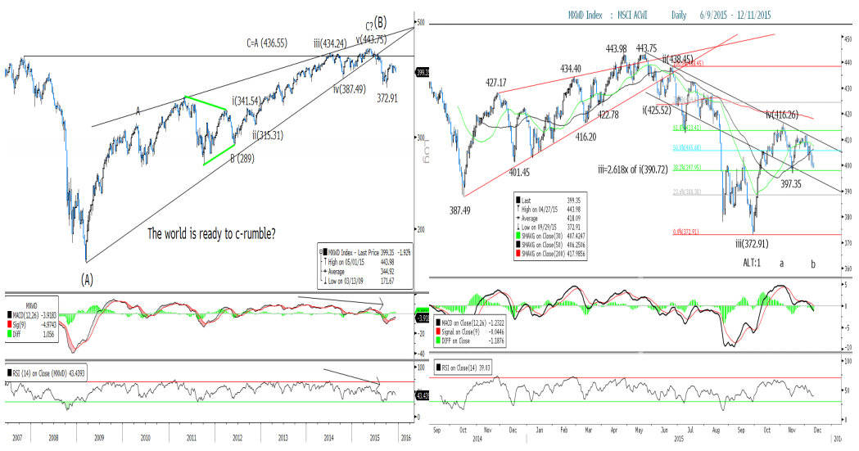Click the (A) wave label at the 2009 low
tap(87, 277)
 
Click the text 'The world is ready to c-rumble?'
tap(211, 233)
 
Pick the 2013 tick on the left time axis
tap(283, 438)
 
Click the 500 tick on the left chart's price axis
tap(421, 23)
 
